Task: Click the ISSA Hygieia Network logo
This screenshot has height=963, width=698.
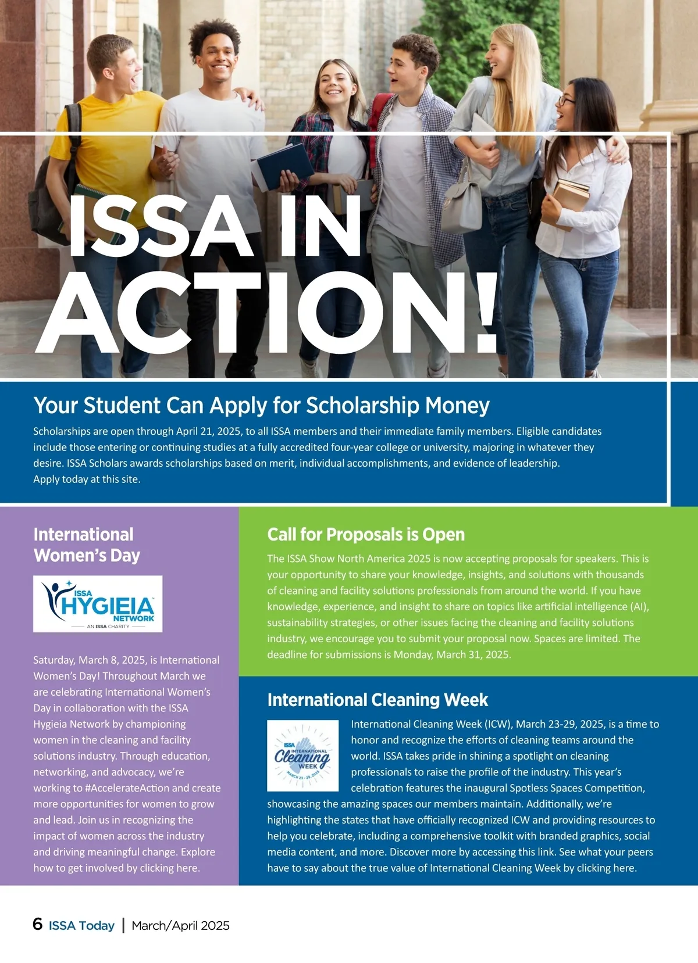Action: pos(98,604)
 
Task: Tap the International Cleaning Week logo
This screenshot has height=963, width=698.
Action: pos(302,756)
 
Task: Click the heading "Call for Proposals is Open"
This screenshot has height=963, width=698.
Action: pos(366,534)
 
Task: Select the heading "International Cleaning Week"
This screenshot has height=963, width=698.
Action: pos(378,700)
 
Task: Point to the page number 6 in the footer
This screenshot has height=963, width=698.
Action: pos(38,924)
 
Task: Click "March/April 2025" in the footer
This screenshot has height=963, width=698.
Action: pos(180,925)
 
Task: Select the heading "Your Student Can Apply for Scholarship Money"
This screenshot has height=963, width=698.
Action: pos(261,406)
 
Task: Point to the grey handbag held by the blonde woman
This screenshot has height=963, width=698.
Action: pos(461,203)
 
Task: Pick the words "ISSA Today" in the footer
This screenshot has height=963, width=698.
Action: pos(81,925)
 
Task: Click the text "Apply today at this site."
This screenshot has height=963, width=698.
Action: pos(87,479)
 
